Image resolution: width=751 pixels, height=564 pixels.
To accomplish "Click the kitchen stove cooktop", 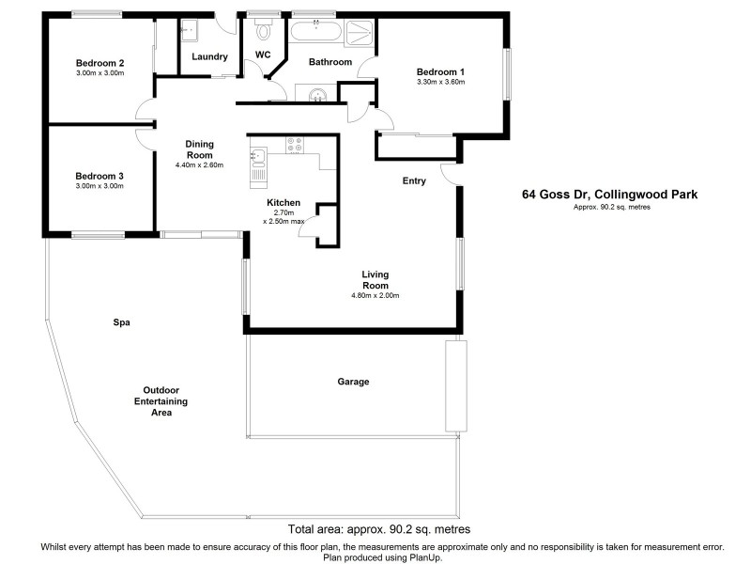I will click(x=297, y=146).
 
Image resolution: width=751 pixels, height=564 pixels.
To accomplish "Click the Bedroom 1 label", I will click(x=441, y=71).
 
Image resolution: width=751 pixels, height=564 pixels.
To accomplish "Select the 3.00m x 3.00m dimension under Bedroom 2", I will click(x=100, y=73).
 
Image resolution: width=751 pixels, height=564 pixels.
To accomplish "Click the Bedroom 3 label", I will click(x=100, y=176).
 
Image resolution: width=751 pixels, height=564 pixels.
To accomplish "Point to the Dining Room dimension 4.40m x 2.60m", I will click(x=200, y=165).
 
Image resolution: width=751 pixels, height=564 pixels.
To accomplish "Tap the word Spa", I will click(x=120, y=322).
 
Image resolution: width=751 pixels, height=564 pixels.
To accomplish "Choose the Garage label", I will click(x=353, y=382).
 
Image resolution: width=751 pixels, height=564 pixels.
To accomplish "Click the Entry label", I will click(x=414, y=180).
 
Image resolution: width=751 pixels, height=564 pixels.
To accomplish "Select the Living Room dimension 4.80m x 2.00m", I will click(x=375, y=295).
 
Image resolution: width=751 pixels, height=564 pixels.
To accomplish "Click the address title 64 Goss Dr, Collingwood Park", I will click(x=609, y=196).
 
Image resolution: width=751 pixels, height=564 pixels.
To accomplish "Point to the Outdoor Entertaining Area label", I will click(x=161, y=400).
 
